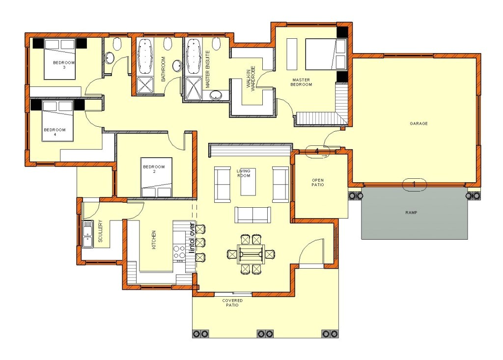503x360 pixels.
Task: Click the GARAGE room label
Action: point(419,123)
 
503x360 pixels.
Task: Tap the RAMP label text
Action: point(411,213)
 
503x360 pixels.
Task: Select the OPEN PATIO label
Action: point(318,182)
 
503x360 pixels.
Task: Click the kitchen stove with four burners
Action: point(178,252)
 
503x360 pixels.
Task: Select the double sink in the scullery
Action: point(88,234)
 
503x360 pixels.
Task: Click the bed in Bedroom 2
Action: point(157,177)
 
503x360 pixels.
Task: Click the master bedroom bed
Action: point(326,54)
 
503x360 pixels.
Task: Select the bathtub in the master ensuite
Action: point(194,55)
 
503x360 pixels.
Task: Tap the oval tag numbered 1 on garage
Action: point(413,185)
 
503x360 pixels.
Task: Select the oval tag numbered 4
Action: point(318,151)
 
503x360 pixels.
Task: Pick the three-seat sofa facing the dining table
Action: point(252,215)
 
